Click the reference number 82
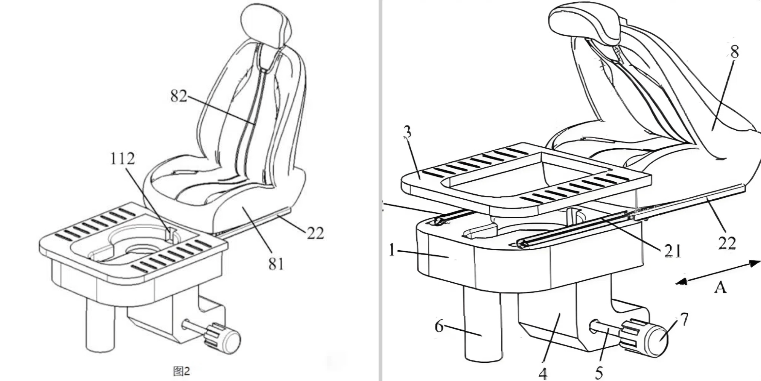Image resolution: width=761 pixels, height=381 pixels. pyautogui.click(x=179, y=96)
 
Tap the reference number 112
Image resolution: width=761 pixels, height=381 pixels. pyautogui.click(x=123, y=158)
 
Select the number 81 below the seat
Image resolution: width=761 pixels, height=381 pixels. pyautogui.click(x=276, y=264)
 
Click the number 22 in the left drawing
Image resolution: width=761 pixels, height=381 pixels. pyautogui.click(x=315, y=233)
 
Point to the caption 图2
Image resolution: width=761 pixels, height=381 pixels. pyautogui.click(x=181, y=370)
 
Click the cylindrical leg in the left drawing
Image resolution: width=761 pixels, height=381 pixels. pyautogui.click(x=100, y=324)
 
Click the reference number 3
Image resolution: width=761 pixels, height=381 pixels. pyautogui.click(x=407, y=132)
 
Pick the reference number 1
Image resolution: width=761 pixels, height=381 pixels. pyautogui.click(x=392, y=250)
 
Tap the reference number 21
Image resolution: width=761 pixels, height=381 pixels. pyautogui.click(x=672, y=251)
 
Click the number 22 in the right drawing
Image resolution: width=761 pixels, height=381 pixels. pyautogui.click(x=726, y=242)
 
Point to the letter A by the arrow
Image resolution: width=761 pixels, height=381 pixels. pyautogui.click(x=720, y=287)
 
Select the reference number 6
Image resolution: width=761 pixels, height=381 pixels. pyautogui.click(x=439, y=326)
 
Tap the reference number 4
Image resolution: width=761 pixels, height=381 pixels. pyautogui.click(x=543, y=373)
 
